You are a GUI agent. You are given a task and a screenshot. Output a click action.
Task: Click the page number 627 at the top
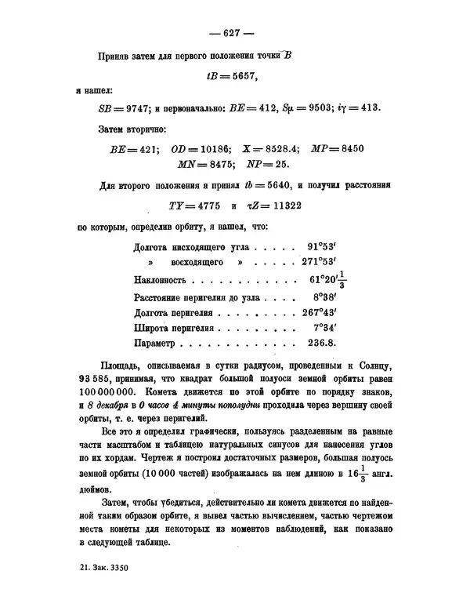[234, 33]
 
